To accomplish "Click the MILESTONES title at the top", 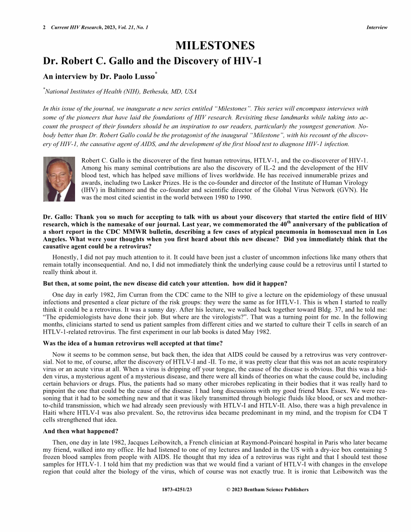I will [215, 46].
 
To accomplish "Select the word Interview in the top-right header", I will [377, 27].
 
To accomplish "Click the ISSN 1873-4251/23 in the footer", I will [177, 489].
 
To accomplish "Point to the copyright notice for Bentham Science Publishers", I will [267, 489].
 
